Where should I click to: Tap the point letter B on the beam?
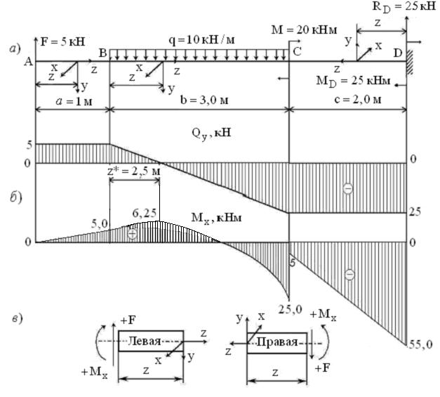point(102,53)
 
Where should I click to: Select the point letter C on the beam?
point(297,51)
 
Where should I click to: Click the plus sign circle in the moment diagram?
point(133,234)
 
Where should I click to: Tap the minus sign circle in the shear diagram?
point(347,188)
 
